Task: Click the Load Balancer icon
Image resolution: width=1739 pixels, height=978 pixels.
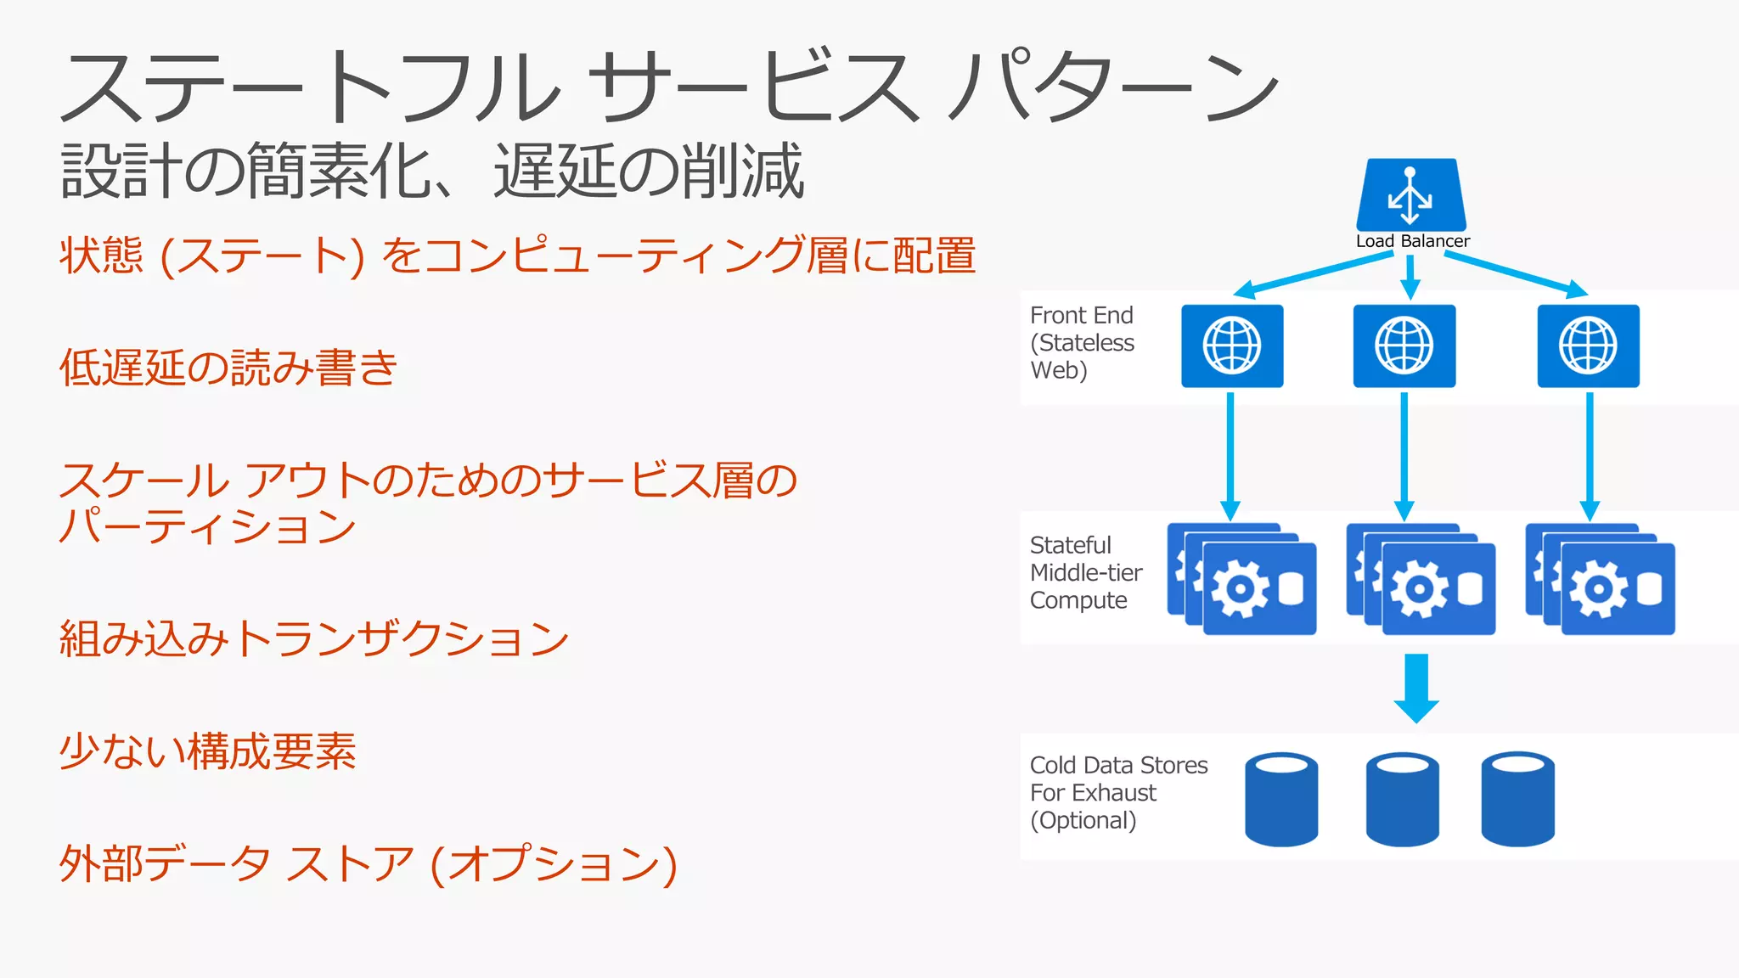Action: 1411,194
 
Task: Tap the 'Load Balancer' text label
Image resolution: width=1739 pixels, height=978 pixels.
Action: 1412,241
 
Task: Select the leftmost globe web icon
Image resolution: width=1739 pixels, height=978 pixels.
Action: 1232,346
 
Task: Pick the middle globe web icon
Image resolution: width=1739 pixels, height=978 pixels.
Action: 1404,346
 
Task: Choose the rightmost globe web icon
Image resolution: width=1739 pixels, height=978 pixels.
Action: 1588,346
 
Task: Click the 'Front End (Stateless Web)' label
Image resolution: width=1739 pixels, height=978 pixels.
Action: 1082,343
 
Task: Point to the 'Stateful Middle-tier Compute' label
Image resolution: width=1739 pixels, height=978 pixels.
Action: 1085,573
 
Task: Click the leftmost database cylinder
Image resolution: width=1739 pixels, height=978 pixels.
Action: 1281,799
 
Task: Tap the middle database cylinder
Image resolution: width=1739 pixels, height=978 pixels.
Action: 1402,799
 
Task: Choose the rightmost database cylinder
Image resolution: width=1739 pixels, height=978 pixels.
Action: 1517,799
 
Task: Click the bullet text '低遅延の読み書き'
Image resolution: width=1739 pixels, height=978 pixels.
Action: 228,368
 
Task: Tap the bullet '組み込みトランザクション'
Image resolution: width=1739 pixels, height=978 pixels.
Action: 313,638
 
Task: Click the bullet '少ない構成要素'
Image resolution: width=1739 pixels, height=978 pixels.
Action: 207,751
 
